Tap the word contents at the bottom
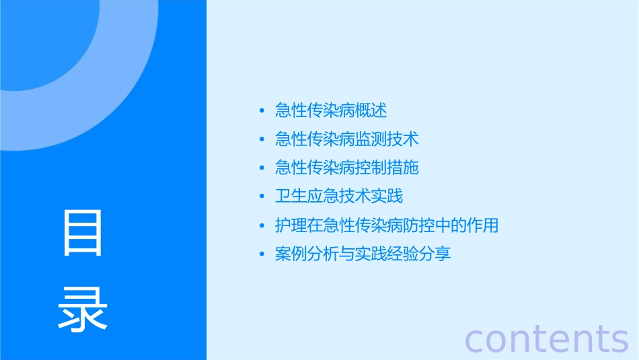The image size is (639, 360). pyautogui.click(x=546, y=338)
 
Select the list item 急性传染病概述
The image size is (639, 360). pyautogui.click(x=331, y=110)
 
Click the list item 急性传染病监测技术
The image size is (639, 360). pyautogui.click(x=347, y=139)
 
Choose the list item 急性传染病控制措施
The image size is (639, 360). pyautogui.click(x=347, y=167)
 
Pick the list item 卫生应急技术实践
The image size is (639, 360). pyautogui.click(x=339, y=196)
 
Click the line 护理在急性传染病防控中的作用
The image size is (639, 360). pyautogui.click(x=387, y=225)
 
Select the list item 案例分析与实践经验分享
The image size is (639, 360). pyautogui.click(x=363, y=254)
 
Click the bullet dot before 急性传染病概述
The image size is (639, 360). pyautogui.click(x=262, y=111)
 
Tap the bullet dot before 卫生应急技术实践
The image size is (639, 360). pyautogui.click(x=262, y=197)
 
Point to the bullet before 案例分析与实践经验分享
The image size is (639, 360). pyautogui.click(x=262, y=255)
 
